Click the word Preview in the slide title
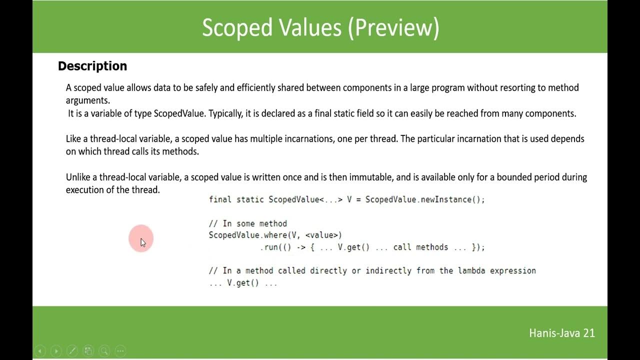(394, 28)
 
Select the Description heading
(92, 66)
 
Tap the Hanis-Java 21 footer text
(562, 333)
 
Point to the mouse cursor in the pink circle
(142, 241)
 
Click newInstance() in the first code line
(452, 199)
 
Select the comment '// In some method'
(248, 223)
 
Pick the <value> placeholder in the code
(323, 235)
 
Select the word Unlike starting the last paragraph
(80, 177)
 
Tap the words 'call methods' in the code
(421, 247)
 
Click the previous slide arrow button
(40, 351)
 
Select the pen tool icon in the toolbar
(72, 351)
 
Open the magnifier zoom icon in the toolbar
(104, 351)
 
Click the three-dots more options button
(120, 351)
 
